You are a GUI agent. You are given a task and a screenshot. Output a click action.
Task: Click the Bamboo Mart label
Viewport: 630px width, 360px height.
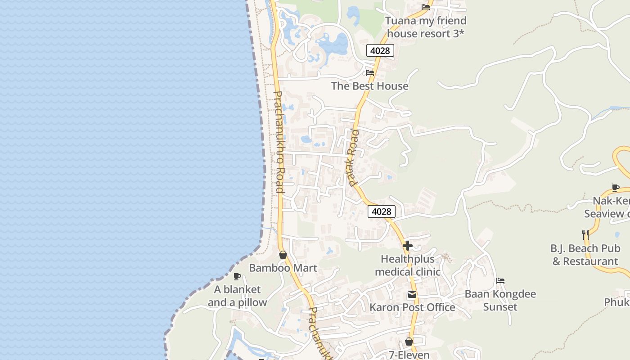click(x=283, y=268)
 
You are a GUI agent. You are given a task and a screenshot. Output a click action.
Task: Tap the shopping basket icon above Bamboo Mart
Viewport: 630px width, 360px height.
click(x=283, y=255)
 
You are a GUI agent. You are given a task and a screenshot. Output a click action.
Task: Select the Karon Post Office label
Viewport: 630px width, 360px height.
click(x=412, y=307)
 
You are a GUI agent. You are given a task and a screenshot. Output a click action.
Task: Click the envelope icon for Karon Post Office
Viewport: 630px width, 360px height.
click(x=412, y=295)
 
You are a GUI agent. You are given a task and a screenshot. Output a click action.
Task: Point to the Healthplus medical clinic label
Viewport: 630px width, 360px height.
click(x=407, y=265)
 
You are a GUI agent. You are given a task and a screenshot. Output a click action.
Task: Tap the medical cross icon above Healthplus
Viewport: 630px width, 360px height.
click(x=408, y=246)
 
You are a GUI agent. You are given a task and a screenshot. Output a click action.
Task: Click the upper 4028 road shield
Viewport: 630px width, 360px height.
click(x=380, y=50)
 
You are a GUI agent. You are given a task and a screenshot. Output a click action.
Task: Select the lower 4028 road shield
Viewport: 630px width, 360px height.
click(x=381, y=211)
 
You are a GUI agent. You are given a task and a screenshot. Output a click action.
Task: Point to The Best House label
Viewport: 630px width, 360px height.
click(x=369, y=86)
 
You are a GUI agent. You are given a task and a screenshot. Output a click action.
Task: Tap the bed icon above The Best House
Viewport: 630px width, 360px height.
click(x=370, y=72)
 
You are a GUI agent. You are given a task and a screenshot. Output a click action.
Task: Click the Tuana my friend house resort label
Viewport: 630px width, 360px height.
click(x=425, y=27)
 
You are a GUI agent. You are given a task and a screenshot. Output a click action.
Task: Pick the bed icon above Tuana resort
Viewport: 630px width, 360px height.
click(x=425, y=7)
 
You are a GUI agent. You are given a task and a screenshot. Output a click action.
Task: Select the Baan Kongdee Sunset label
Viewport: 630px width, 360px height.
click(x=500, y=301)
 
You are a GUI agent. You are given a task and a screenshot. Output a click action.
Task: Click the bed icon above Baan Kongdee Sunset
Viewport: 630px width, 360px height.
click(x=500, y=281)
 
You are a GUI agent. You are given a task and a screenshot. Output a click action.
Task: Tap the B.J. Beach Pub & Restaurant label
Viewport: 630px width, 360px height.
click(x=585, y=255)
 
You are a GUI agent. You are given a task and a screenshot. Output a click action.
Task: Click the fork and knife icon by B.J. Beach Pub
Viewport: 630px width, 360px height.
click(x=585, y=234)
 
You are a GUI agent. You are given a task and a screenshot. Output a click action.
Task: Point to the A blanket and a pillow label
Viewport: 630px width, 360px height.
click(x=237, y=296)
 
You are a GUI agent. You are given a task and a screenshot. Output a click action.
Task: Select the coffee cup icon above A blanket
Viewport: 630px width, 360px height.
click(x=237, y=276)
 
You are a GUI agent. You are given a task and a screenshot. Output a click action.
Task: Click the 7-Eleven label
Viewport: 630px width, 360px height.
click(x=409, y=355)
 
